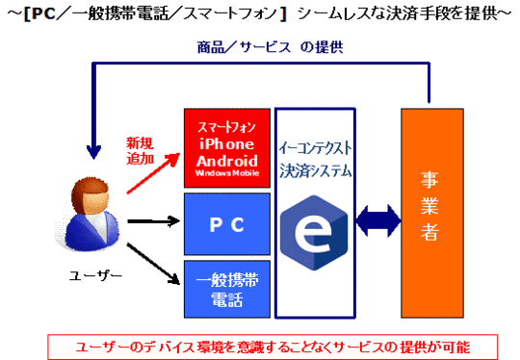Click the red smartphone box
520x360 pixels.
coord(227,148)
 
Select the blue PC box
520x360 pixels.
coord(227,224)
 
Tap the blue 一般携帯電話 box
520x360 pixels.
coord(227,290)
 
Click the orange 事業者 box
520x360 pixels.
coord(432,213)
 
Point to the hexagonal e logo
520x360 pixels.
coord(314,232)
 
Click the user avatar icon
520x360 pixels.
coord(88,214)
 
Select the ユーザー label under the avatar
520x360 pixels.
coord(95,275)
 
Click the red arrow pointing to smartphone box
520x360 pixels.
coord(153,173)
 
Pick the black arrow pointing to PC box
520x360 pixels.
coord(153,221)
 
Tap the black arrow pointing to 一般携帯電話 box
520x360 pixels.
coord(153,264)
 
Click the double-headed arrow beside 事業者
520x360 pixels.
coord(378,220)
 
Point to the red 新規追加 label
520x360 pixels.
coord(140,151)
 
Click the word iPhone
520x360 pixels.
coord(227,144)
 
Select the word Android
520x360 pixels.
coord(227,161)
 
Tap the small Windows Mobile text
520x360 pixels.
coord(227,173)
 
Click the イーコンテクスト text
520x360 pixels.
coord(315,148)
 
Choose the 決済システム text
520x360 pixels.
coord(315,171)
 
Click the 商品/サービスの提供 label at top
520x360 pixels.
coord(270,47)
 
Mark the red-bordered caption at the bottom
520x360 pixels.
coord(273,347)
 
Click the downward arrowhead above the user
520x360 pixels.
coord(93,152)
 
